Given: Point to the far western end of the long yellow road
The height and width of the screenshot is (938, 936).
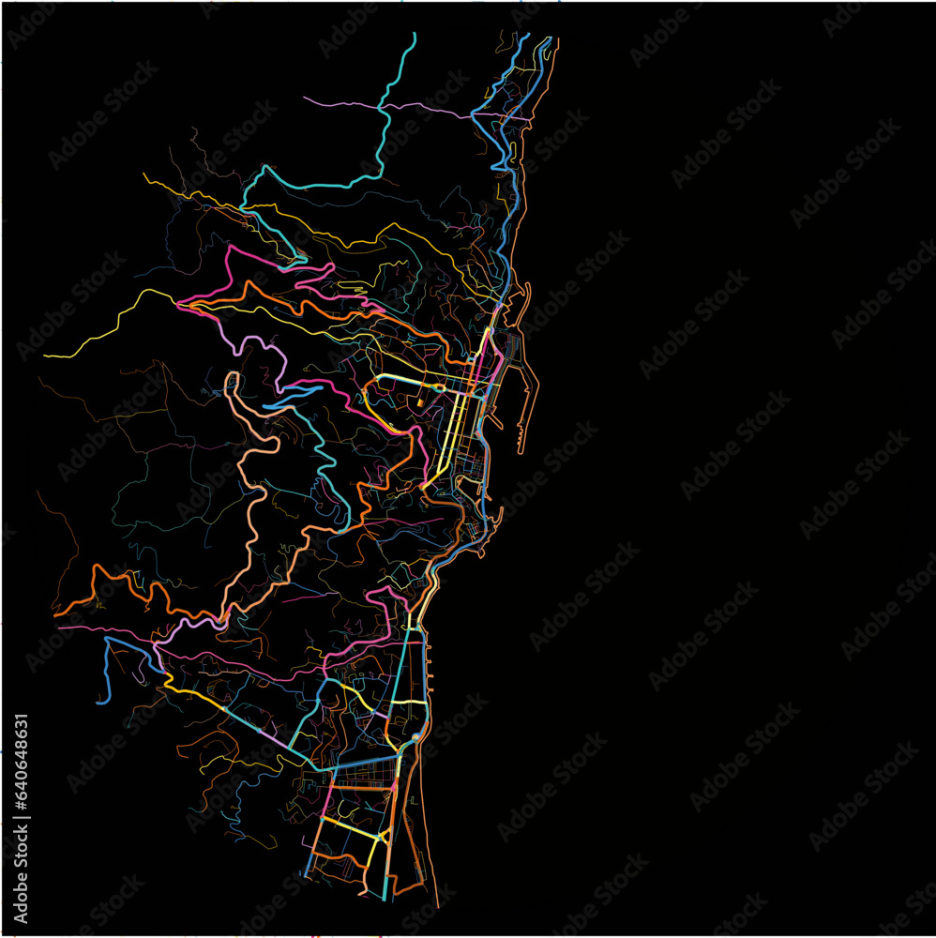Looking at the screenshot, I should (45, 356).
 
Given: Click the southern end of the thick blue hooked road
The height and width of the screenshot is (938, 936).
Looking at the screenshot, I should (98, 700).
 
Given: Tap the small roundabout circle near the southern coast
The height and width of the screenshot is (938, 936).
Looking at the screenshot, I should (415, 738).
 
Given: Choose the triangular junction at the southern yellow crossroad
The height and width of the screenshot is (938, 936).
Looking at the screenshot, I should (380, 837).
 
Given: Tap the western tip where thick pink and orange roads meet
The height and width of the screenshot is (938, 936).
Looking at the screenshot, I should (178, 303).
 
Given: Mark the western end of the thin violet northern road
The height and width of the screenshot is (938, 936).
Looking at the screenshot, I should (306, 98).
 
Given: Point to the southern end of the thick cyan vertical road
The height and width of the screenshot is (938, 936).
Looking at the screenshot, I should (386, 896).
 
